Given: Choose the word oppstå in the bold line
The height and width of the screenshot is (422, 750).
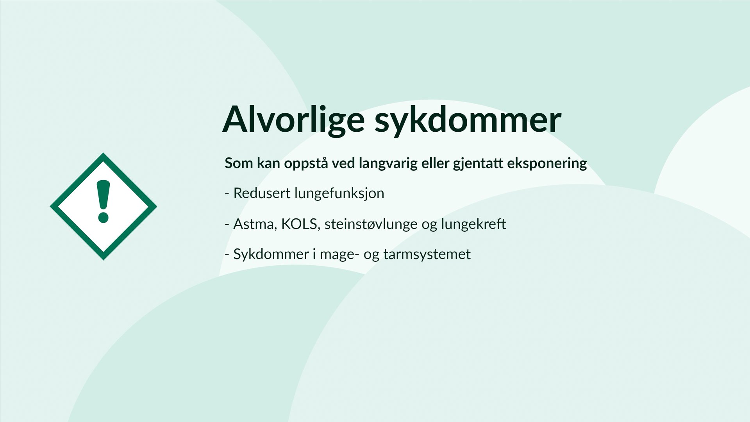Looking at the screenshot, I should click(305, 163).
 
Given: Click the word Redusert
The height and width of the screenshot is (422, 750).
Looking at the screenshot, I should click(261, 193).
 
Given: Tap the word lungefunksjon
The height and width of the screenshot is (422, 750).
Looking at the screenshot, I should click(339, 193).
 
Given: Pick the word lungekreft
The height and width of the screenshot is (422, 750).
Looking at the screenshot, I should click(473, 224).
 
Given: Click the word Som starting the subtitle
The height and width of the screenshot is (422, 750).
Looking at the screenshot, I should click(239, 163).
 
